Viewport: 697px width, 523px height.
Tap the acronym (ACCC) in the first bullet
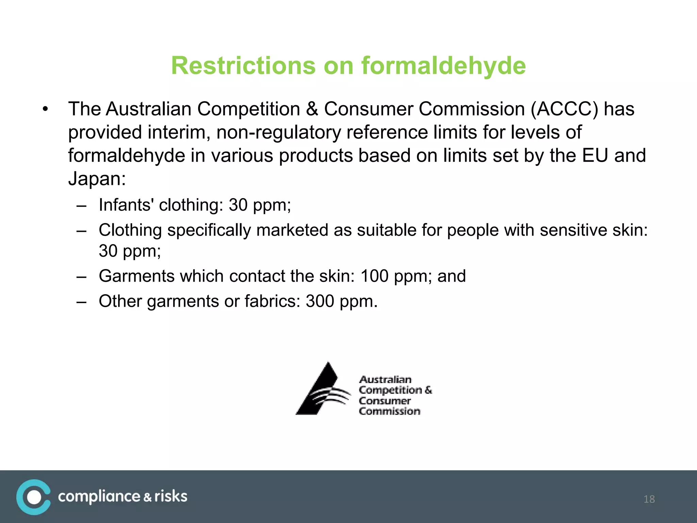564,109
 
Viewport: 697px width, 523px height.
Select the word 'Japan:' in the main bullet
97,179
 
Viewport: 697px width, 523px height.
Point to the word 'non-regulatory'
278,132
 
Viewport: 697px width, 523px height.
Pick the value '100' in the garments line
374,276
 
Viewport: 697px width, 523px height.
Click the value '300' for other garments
320,301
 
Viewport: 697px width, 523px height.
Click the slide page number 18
649,499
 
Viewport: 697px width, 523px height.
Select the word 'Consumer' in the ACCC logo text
385,401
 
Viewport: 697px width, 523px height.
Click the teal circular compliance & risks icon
33,497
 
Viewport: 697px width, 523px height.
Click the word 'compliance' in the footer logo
99,497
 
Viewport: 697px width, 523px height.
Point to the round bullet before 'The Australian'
45,109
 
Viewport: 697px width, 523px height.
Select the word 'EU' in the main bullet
595,156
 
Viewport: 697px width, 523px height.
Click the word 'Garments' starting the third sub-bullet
136,276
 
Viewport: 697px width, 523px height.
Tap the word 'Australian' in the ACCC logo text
385,379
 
